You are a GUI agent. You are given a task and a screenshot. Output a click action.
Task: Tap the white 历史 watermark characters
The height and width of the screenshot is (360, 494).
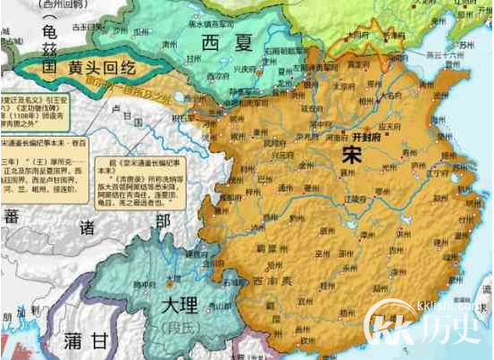(453, 330)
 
